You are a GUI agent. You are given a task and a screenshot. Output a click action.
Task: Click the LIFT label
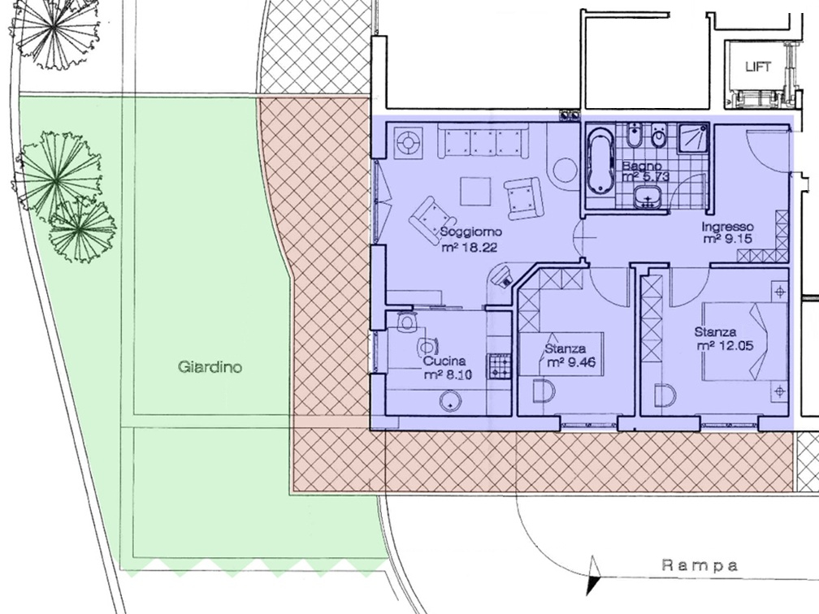coord(758,67)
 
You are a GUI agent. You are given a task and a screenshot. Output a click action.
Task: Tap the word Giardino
coord(210,367)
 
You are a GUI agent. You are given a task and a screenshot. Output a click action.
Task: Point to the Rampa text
coord(700,565)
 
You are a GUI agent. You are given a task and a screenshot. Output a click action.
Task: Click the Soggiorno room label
coord(471,231)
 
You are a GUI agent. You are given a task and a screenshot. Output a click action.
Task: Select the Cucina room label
coord(444,361)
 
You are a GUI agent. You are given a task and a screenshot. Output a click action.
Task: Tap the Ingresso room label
coord(728,227)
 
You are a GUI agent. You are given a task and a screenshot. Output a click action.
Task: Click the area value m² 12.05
coord(725,346)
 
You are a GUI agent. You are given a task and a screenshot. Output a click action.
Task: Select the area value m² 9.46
coord(571,362)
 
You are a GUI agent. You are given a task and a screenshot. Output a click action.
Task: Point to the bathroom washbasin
coord(648,197)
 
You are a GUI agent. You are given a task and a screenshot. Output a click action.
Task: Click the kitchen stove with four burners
coord(499,366)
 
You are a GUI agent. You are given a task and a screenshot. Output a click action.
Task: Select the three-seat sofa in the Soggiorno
coord(483,141)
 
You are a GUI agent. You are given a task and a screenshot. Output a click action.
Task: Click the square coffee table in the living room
coord(475,192)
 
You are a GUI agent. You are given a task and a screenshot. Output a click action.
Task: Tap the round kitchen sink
coord(450,402)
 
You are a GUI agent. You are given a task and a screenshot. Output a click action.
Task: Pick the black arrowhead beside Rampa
coord(593,576)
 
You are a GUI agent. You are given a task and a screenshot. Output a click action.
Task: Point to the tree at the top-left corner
coord(51,34)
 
